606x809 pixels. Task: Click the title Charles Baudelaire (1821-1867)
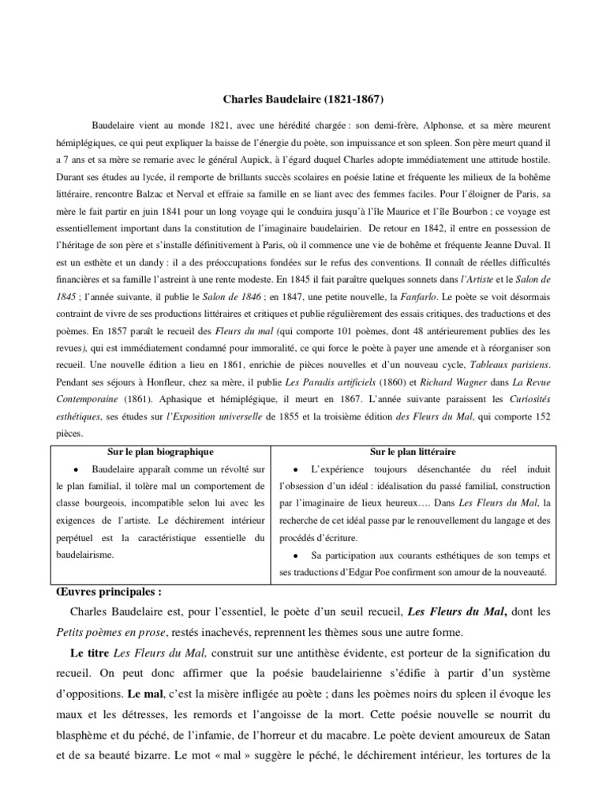point(303,101)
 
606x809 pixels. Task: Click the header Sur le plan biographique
point(161,451)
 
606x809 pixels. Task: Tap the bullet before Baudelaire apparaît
point(95,468)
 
